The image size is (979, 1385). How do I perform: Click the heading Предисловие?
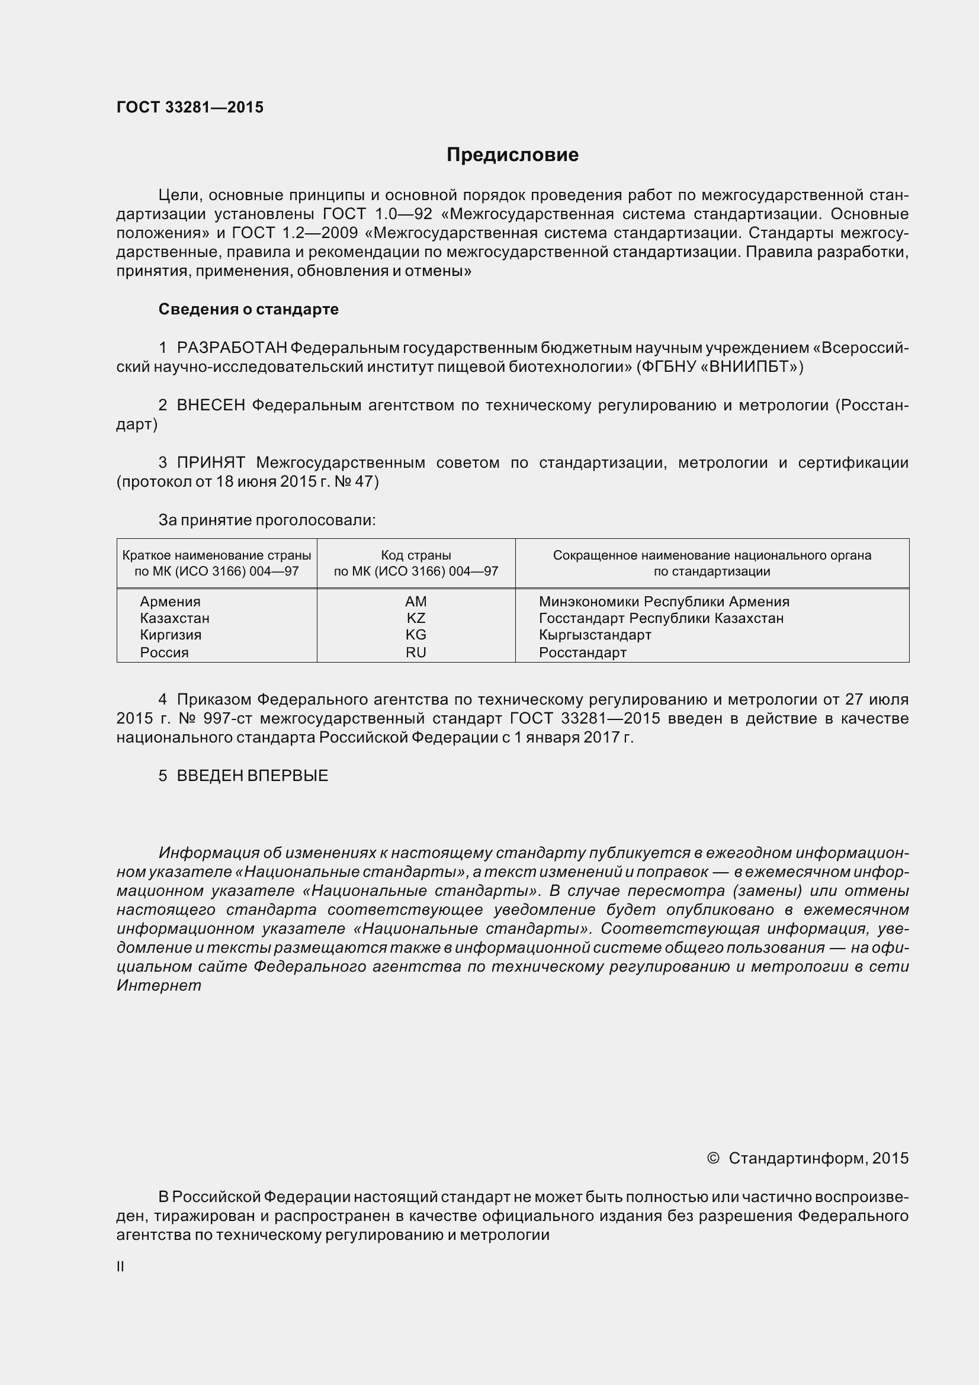tap(512, 155)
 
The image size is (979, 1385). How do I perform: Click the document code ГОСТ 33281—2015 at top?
tap(190, 107)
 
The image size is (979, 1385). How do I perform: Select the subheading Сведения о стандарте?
tap(249, 309)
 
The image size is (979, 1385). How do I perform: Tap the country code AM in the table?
tap(416, 602)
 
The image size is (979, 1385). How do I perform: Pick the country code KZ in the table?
tap(416, 618)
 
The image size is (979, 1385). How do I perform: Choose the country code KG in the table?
tap(416, 635)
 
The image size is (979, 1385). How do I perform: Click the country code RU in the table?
tap(416, 652)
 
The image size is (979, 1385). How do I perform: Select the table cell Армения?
tap(170, 602)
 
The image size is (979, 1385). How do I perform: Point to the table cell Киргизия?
tap(171, 635)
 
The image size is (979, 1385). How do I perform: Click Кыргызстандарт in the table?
tap(595, 635)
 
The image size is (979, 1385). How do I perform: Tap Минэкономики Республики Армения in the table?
tap(663, 602)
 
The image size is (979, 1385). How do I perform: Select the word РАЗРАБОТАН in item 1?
tap(232, 348)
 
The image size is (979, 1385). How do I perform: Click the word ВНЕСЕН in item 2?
tap(210, 406)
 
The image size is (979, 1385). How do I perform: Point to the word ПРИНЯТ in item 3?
tap(210, 462)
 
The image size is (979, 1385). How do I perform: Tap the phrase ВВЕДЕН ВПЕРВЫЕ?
tap(252, 776)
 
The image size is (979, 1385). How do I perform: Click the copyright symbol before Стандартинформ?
tap(712, 1158)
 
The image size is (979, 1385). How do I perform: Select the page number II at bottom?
tap(120, 1267)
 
